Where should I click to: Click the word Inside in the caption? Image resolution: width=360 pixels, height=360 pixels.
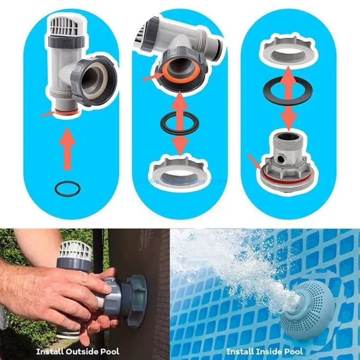pyautogui.click(x=265, y=351)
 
